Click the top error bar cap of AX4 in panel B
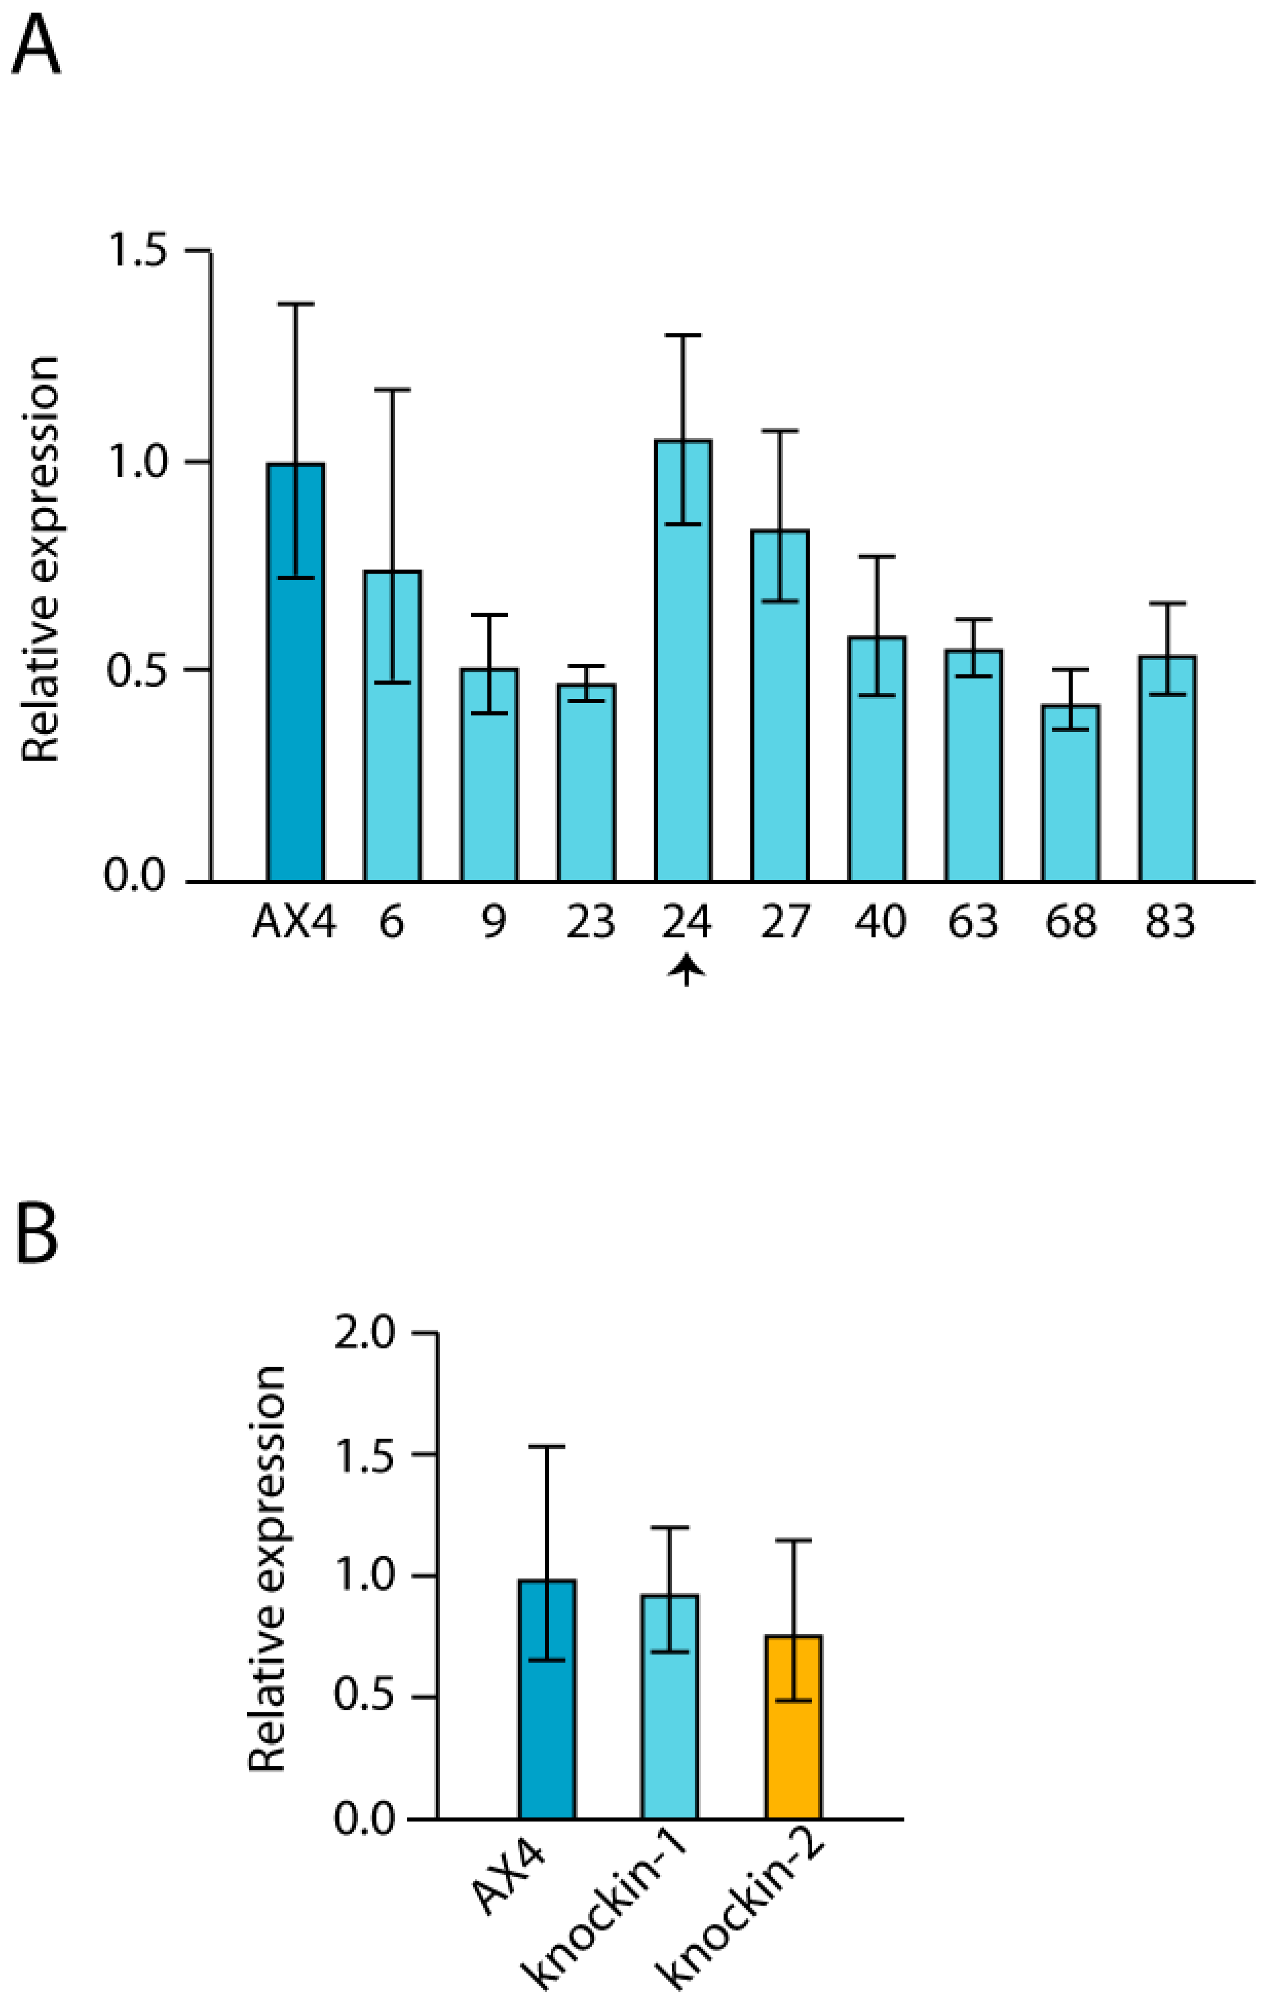547,1447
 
